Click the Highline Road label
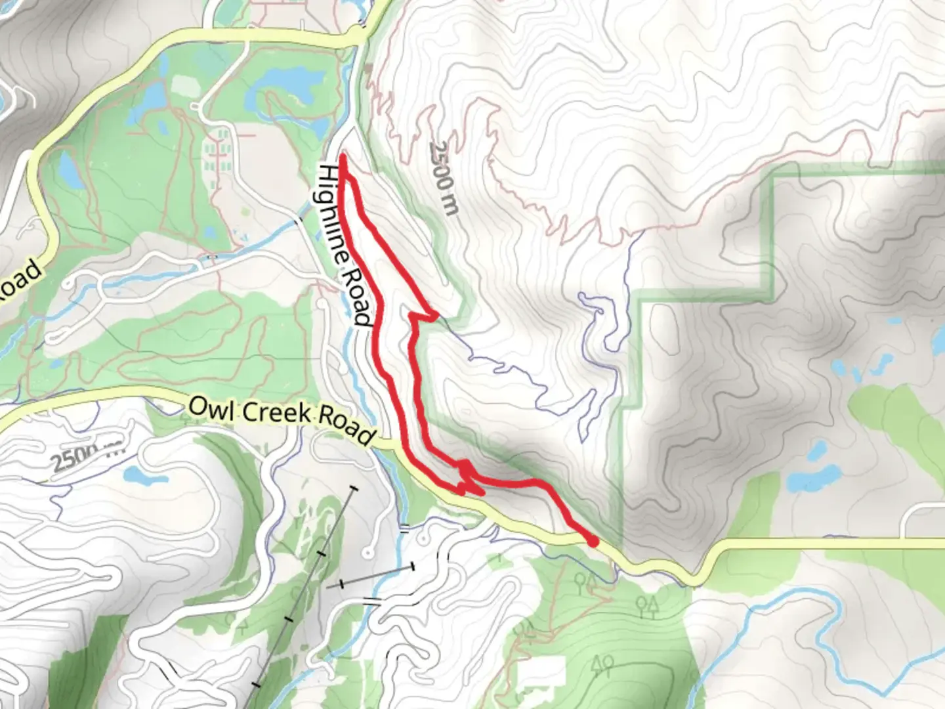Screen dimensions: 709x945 click(x=345, y=245)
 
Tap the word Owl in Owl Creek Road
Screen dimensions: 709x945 click(x=205, y=407)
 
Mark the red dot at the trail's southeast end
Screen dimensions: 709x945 click(x=593, y=542)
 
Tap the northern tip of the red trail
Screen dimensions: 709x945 click(x=343, y=158)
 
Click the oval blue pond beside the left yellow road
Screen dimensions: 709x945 click(x=69, y=168)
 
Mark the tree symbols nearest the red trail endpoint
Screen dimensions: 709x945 click(x=585, y=580)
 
